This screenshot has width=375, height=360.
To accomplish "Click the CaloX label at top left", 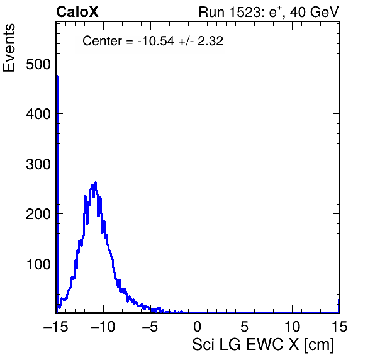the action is coord(77,12).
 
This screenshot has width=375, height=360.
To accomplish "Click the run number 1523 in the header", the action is coord(245,12).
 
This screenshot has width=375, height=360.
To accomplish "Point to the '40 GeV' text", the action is coord(315,12).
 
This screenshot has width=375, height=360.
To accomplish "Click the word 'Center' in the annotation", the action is coord(103,41).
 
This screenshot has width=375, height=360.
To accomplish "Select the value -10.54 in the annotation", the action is coord(155,41).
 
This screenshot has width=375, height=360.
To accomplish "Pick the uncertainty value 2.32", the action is coord(210,41).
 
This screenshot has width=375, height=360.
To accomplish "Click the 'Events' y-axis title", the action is coord(9,48).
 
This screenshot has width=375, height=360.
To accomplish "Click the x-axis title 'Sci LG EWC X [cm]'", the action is coord(263,345).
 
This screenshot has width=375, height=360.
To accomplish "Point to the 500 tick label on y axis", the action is coord(38,64).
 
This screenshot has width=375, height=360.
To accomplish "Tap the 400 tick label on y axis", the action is coord(38,114).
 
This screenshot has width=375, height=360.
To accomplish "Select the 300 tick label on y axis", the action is coord(38,164).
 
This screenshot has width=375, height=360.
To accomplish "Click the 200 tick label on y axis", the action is coord(38,214).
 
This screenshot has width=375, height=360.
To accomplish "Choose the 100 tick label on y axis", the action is coord(38,264).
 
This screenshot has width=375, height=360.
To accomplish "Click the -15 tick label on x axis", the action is coord(56,326).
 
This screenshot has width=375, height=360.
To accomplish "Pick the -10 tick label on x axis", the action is coord(103,326).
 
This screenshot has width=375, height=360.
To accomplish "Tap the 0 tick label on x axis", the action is coord(198,326).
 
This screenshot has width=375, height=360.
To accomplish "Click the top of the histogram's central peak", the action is coord(96,183).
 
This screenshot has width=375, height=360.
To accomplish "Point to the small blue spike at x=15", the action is coord(339,305).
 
